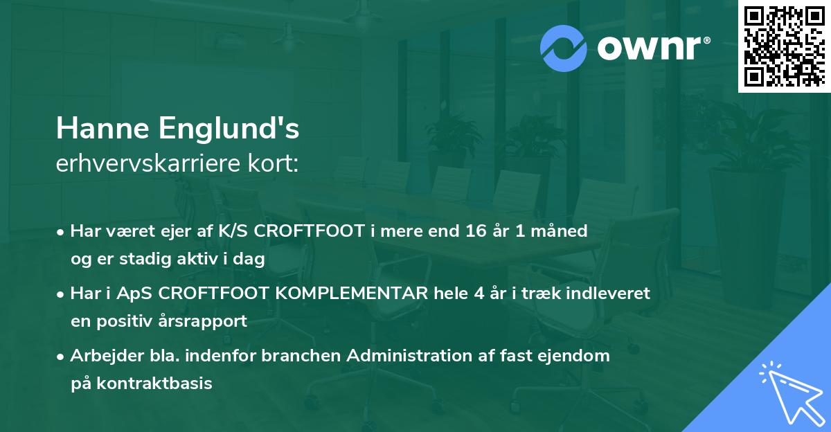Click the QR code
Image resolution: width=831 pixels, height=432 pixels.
[784, 46]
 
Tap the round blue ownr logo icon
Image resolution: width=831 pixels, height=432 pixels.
[564, 48]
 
